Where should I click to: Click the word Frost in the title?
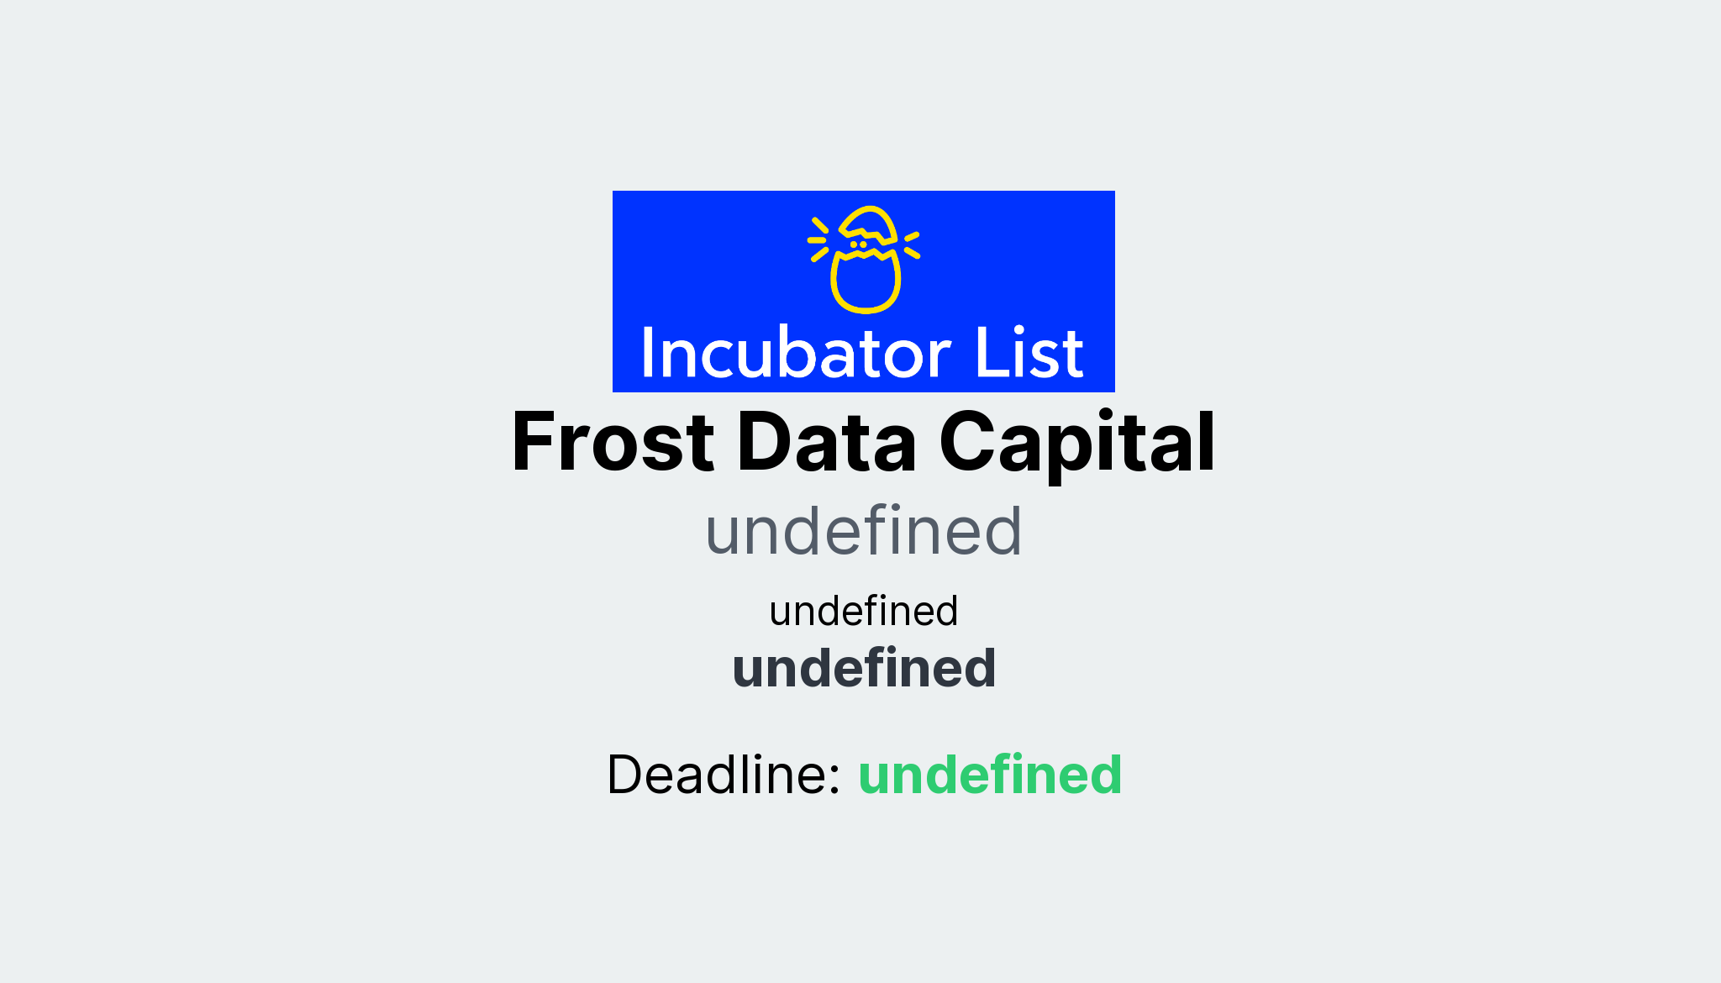[613, 443]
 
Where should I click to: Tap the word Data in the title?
[826, 443]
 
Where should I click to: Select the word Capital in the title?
[1076, 443]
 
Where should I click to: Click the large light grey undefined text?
[863, 532]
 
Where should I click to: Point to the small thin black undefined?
[863, 611]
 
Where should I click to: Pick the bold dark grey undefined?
[863, 669]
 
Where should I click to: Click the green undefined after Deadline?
[989, 775]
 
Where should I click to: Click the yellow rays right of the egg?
[912, 244]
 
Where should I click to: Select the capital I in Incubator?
[648, 354]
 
